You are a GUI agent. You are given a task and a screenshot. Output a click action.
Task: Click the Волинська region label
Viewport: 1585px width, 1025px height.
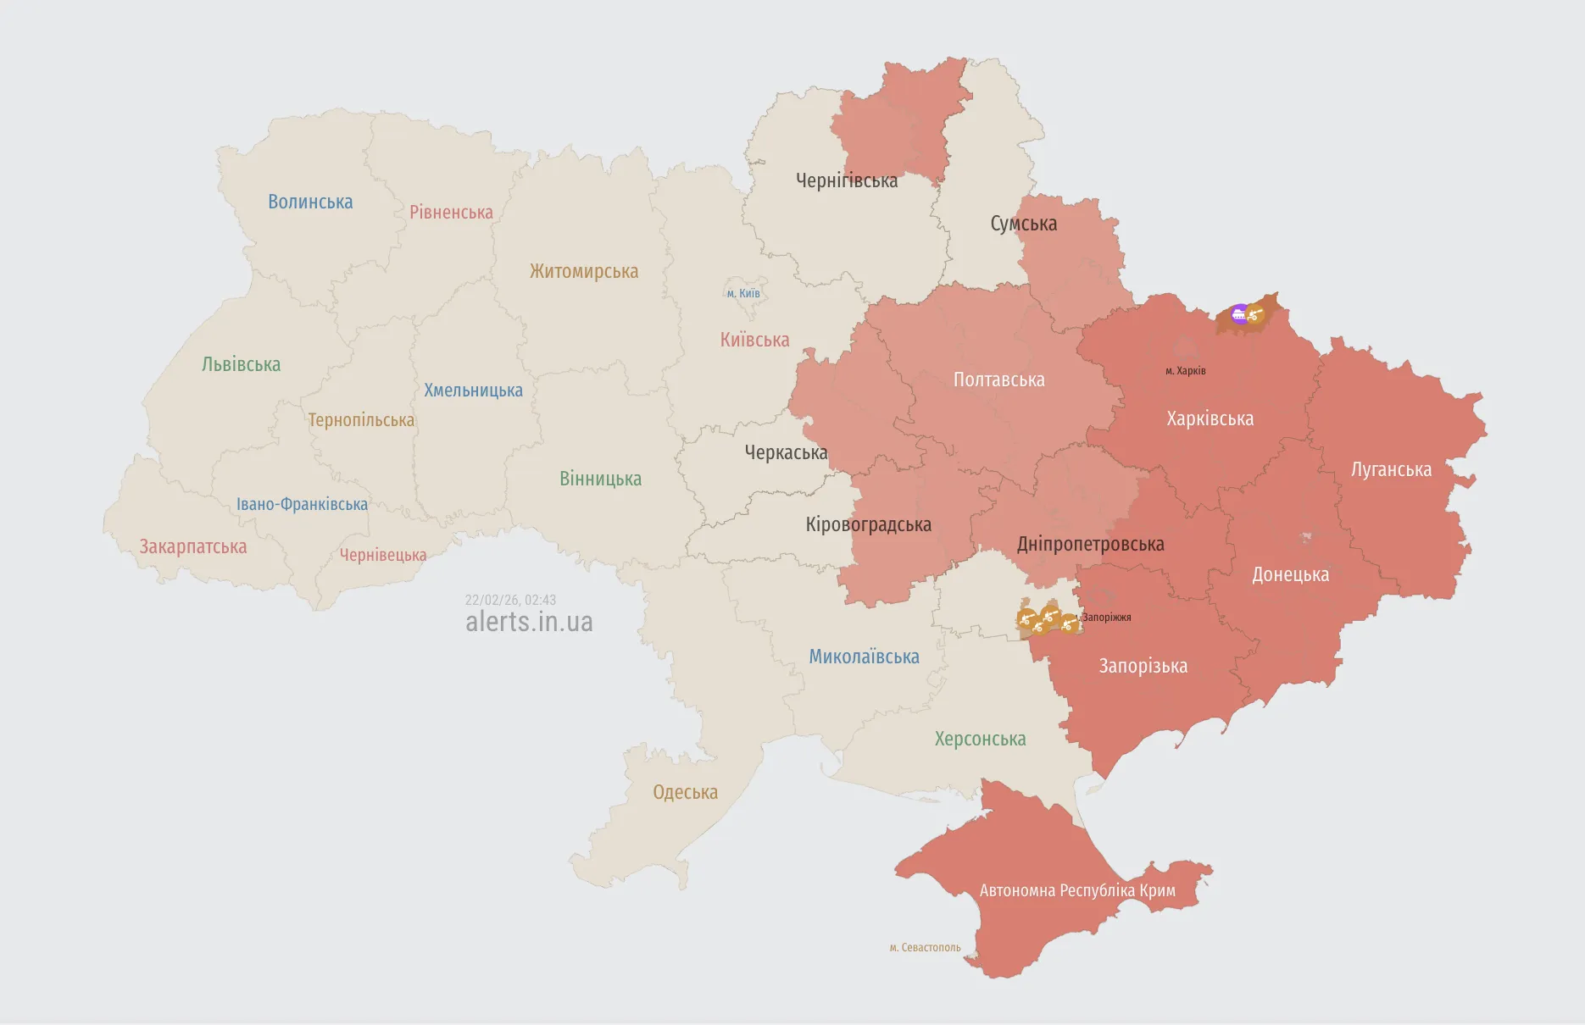pos(310,202)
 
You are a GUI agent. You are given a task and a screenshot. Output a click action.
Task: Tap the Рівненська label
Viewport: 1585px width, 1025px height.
pos(451,212)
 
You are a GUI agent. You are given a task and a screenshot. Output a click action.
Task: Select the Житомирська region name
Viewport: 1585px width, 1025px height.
pos(584,271)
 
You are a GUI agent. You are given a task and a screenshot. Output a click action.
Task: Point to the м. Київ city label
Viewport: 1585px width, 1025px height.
pos(743,294)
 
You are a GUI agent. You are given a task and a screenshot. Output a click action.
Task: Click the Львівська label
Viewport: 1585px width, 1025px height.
pos(241,364)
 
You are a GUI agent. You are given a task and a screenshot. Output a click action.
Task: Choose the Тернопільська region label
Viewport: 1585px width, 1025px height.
pos(361,420)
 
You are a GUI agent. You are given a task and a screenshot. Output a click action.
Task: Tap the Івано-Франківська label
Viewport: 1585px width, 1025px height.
pos(302,504)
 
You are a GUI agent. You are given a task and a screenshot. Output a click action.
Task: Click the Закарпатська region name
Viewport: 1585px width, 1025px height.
pos(193,546)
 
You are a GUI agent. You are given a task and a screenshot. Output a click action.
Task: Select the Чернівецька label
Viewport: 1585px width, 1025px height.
pos(383,555)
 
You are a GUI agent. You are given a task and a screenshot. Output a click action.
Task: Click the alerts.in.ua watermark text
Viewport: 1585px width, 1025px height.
pos(529,622)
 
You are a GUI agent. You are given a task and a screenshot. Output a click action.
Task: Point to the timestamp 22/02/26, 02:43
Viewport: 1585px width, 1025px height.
pos(510,600)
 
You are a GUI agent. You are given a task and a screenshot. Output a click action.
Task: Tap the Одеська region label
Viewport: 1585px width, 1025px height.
pos(685,792)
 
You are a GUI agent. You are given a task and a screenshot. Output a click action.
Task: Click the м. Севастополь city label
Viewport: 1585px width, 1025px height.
pos(925,947)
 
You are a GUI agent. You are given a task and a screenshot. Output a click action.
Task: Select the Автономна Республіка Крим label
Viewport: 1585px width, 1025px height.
pos(1077,890)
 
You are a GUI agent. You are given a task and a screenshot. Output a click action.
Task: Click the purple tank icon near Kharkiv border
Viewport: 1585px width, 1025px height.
pos(1239,314)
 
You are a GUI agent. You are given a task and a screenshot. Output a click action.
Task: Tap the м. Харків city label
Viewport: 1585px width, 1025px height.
pos(1185,371)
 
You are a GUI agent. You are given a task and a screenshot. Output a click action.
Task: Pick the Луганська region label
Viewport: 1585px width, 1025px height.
pos(1391,469)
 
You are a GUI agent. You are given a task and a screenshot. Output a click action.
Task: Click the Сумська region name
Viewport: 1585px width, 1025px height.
pos(1023,224)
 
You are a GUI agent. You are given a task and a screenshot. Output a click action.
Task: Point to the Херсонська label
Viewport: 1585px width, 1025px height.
pos(980,739)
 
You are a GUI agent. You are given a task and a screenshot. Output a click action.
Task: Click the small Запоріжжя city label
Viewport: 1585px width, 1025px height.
pos(1106,618)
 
